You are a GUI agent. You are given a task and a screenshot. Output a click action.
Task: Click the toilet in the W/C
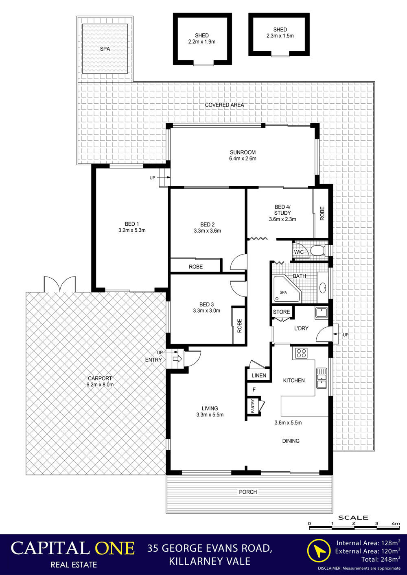point(318,250)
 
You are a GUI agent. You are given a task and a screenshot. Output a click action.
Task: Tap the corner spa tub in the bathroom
point(285,289)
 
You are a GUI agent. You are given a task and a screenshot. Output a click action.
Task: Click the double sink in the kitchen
point(322,378)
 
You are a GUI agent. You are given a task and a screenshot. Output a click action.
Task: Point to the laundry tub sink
point(322,313)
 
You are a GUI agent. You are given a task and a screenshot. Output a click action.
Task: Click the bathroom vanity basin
point(323,288)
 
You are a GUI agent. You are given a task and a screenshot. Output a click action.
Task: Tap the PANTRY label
point(253,406)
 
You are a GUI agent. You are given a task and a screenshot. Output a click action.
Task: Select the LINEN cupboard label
point(259,376)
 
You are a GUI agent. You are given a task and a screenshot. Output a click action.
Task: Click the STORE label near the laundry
point(281,312)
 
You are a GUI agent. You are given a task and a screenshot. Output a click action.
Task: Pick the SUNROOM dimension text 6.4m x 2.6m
point(243,158)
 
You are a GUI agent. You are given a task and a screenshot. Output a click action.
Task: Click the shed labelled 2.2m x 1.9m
point(202,39)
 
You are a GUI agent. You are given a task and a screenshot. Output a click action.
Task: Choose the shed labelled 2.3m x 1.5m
point(279,34)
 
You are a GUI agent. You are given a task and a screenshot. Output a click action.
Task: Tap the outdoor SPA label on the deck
point(105,49)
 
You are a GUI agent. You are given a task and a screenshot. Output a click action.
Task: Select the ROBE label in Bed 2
point(196,267)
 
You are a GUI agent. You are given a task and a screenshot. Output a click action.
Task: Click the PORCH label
point(248,492)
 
